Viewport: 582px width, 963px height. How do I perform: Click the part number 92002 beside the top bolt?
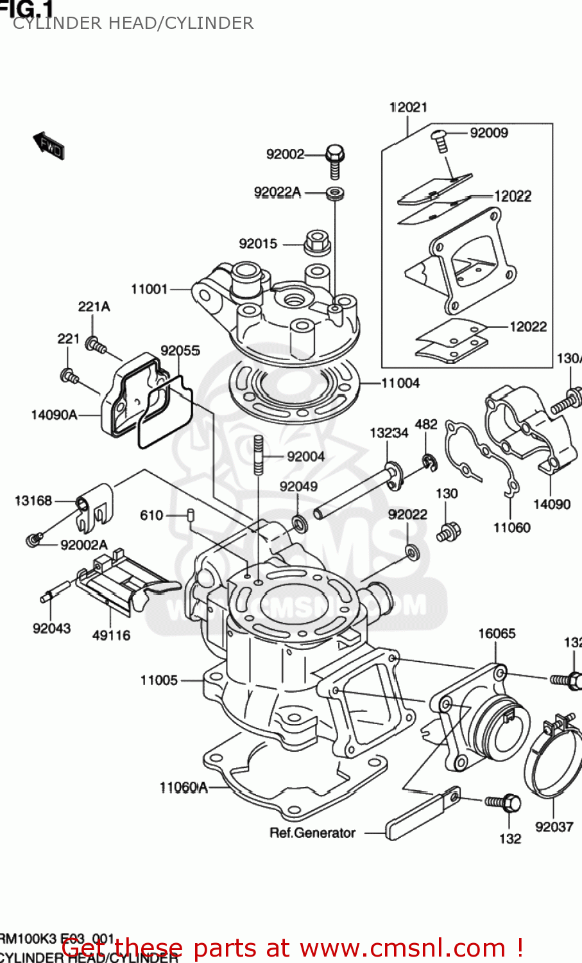pyautogui.click(x=285, y=154)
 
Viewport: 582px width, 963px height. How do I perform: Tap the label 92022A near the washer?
pyautogui.click(x=277, y=192)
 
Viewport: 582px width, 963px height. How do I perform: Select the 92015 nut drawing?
pyautogui.click(x=316, y=241)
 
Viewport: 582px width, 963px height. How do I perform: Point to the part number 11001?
pyautogui.click(x=149, y=289)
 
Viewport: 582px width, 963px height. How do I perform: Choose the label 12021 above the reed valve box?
pyautogui.click(x=408, y=107)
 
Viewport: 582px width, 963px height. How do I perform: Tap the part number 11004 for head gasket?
pyautogui.click(x=400, y=383)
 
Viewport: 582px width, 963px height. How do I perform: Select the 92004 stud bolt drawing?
pyautogui.click(x=259, y=455)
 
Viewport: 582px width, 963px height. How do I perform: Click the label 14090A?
pyautogui.click(x=54, y=415)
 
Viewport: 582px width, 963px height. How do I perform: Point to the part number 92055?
pyautogui.click(x=180, y=351)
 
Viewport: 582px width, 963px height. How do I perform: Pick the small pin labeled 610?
pyautogui.click(x=191, y=515)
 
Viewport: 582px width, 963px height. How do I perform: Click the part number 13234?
pyautogui.click(x=389, y=433)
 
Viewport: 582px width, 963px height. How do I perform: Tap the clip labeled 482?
pyautogui.click(x=428, y=461)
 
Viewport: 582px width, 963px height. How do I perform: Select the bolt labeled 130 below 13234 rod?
pyautogui.click(x=448, y=531)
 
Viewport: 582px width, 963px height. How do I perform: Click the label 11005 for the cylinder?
pyautogui.click(x=158, y=680)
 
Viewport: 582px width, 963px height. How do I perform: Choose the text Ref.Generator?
pyautogui.click(x=312, y=833)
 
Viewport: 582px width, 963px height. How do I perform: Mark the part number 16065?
pyautogui.click(x=497, y=634)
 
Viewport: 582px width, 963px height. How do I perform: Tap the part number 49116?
pyautogui.click(x=111, y=635)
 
